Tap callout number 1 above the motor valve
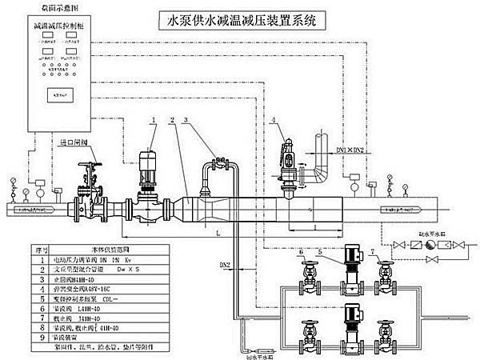tap(152, 119)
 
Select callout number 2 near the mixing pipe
tap(171, 119)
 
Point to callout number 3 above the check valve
tap(186, 119)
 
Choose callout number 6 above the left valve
tap(301, 252)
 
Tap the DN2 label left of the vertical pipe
tap(226, 265)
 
